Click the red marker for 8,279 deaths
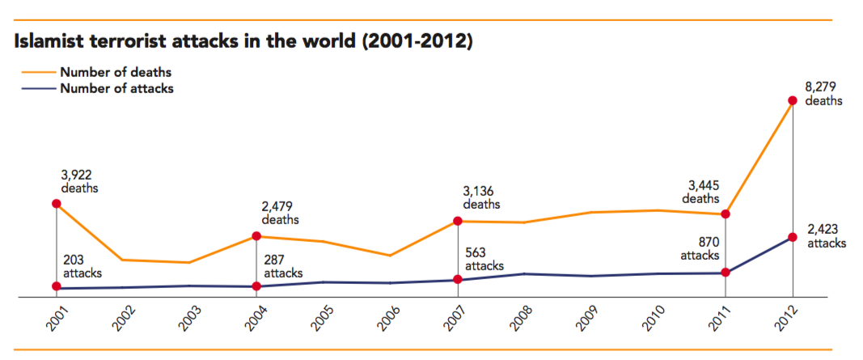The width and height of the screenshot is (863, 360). click(x=793, y=101)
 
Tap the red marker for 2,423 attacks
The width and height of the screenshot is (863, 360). click(x=793, y=237)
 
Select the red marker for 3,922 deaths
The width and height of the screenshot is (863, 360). click(x=56, y=204)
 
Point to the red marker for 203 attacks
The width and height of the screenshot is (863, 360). click(x=56, y=286)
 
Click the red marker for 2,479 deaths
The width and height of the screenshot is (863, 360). click(x=256, y=236)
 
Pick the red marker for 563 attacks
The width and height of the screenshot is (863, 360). click(x=458, y=280)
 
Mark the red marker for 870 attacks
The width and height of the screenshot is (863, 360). click(x=726, y=273)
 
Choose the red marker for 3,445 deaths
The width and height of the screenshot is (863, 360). click(x=726, y=214)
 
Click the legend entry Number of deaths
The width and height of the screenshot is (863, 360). click(x=115, y=73)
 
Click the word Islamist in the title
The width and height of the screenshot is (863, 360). click(x=50, y=41)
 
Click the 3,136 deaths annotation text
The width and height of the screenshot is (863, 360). click(x=484, y=198)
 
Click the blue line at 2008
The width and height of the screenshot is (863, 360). click(x=524, y=274)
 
